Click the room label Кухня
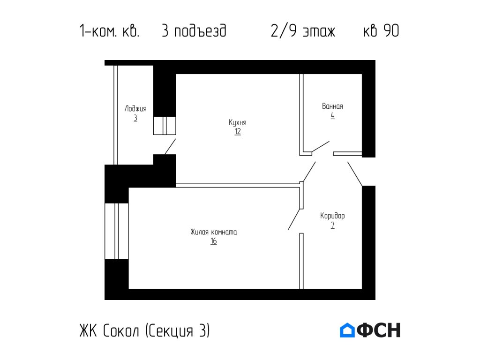(x=238, y=122)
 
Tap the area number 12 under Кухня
(x=238, y=132)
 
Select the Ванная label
(x=332, y=106)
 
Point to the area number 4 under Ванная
(x=332, y=115)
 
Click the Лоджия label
(x=135, y=109)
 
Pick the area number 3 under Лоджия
(x=135, y=118)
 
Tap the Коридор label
(x=332, y=216)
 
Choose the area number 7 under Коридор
(x=332, y=225)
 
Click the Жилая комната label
(x=214, y=232)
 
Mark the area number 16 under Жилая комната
(x=214, y=241)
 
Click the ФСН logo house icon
(x=347, y=330)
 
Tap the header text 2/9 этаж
(x=303, y=31)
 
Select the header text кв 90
(x=381, y=31)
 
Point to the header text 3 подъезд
(x=194, y=31)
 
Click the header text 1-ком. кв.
(x=109, y=31)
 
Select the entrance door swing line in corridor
(x=355, y=174)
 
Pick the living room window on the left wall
(x=117, y=231)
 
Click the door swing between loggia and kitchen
(x=170, y=146)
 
